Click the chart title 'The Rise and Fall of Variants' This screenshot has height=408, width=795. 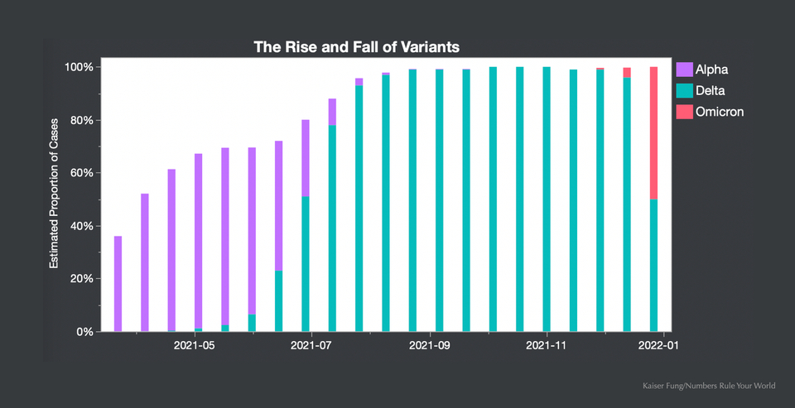point(356,47)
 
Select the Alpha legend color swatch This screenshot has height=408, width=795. point(684,70)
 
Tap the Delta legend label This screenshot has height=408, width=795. point(712,90)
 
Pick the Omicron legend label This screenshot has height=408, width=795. point(719,111)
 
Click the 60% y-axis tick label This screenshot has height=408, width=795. point(80,173)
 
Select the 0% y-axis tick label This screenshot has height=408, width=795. point(83,332)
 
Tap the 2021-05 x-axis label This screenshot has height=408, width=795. point(194,346)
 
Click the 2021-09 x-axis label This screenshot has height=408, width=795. point(429,346)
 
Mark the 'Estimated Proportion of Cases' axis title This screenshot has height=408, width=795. point(54,199)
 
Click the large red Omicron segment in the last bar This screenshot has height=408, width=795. point(653,132)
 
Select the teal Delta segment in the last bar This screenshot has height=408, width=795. point(653,265)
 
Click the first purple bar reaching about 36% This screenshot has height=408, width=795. point(118,284)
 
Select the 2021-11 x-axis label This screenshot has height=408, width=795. point(547,346)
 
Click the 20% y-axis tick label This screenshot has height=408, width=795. point(80,279)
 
